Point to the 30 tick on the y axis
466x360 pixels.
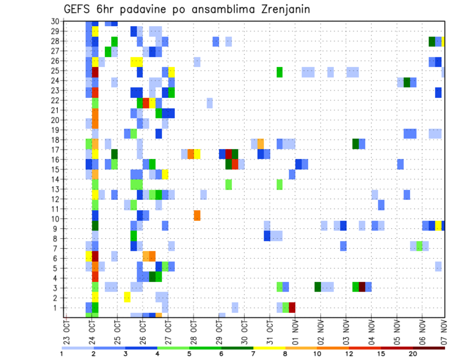click(x=55, y=21)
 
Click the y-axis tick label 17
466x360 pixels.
click(x=55, y=149)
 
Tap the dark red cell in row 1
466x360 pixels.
click(x=292, y=308)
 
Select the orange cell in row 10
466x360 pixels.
click(x=197, y=215)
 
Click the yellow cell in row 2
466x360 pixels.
click(x=127, y=297)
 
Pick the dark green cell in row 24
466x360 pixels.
click(x=407, y=82)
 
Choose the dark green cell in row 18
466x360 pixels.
click(x=356, y=144)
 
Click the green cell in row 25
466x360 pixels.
click(x=280, y=72)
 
